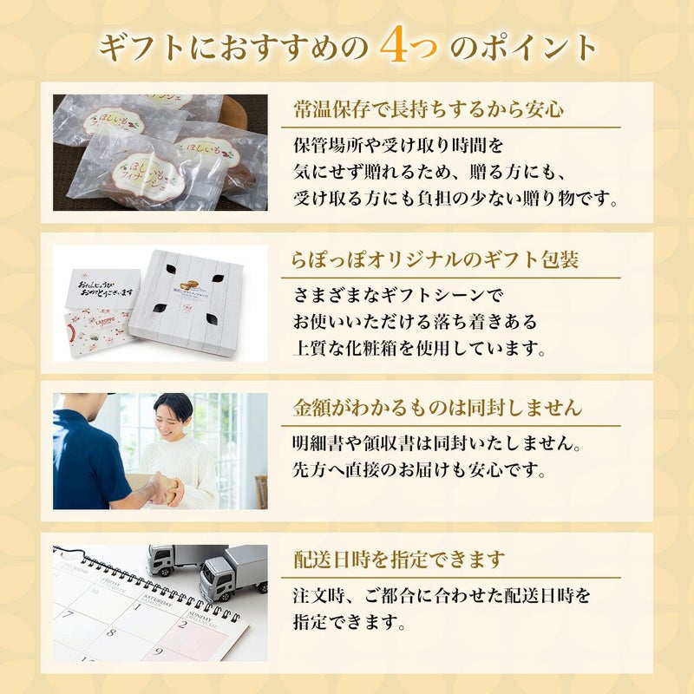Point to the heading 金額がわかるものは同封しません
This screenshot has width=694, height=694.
(x=437, y=408)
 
